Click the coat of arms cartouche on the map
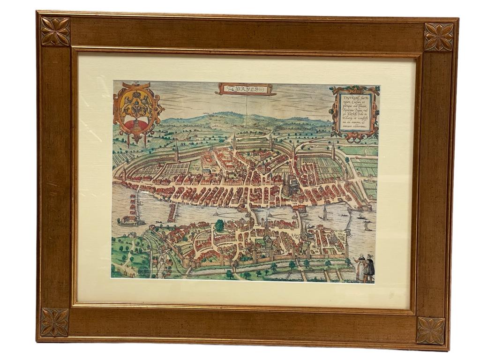(136, 111)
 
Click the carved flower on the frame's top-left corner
(55, 31)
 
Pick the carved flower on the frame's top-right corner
(439, 37)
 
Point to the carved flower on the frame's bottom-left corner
(54, 322)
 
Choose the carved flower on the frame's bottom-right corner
(430, 330)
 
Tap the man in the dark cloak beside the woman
(369, 268)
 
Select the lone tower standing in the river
(325, 213)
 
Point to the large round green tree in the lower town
(219, 225)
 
